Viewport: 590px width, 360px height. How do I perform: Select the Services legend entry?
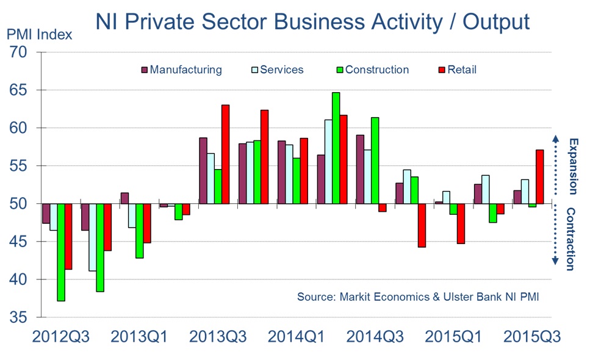277,70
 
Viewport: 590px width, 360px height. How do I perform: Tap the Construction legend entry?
372,70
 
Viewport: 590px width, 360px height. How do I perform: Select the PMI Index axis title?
40,34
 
